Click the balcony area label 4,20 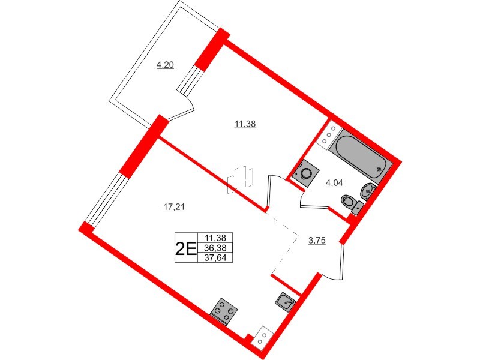(x=165, y=65)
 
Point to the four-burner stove (x=225, y=310)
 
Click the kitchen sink (x=286, y=301)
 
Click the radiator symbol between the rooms (x=241, y=179)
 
